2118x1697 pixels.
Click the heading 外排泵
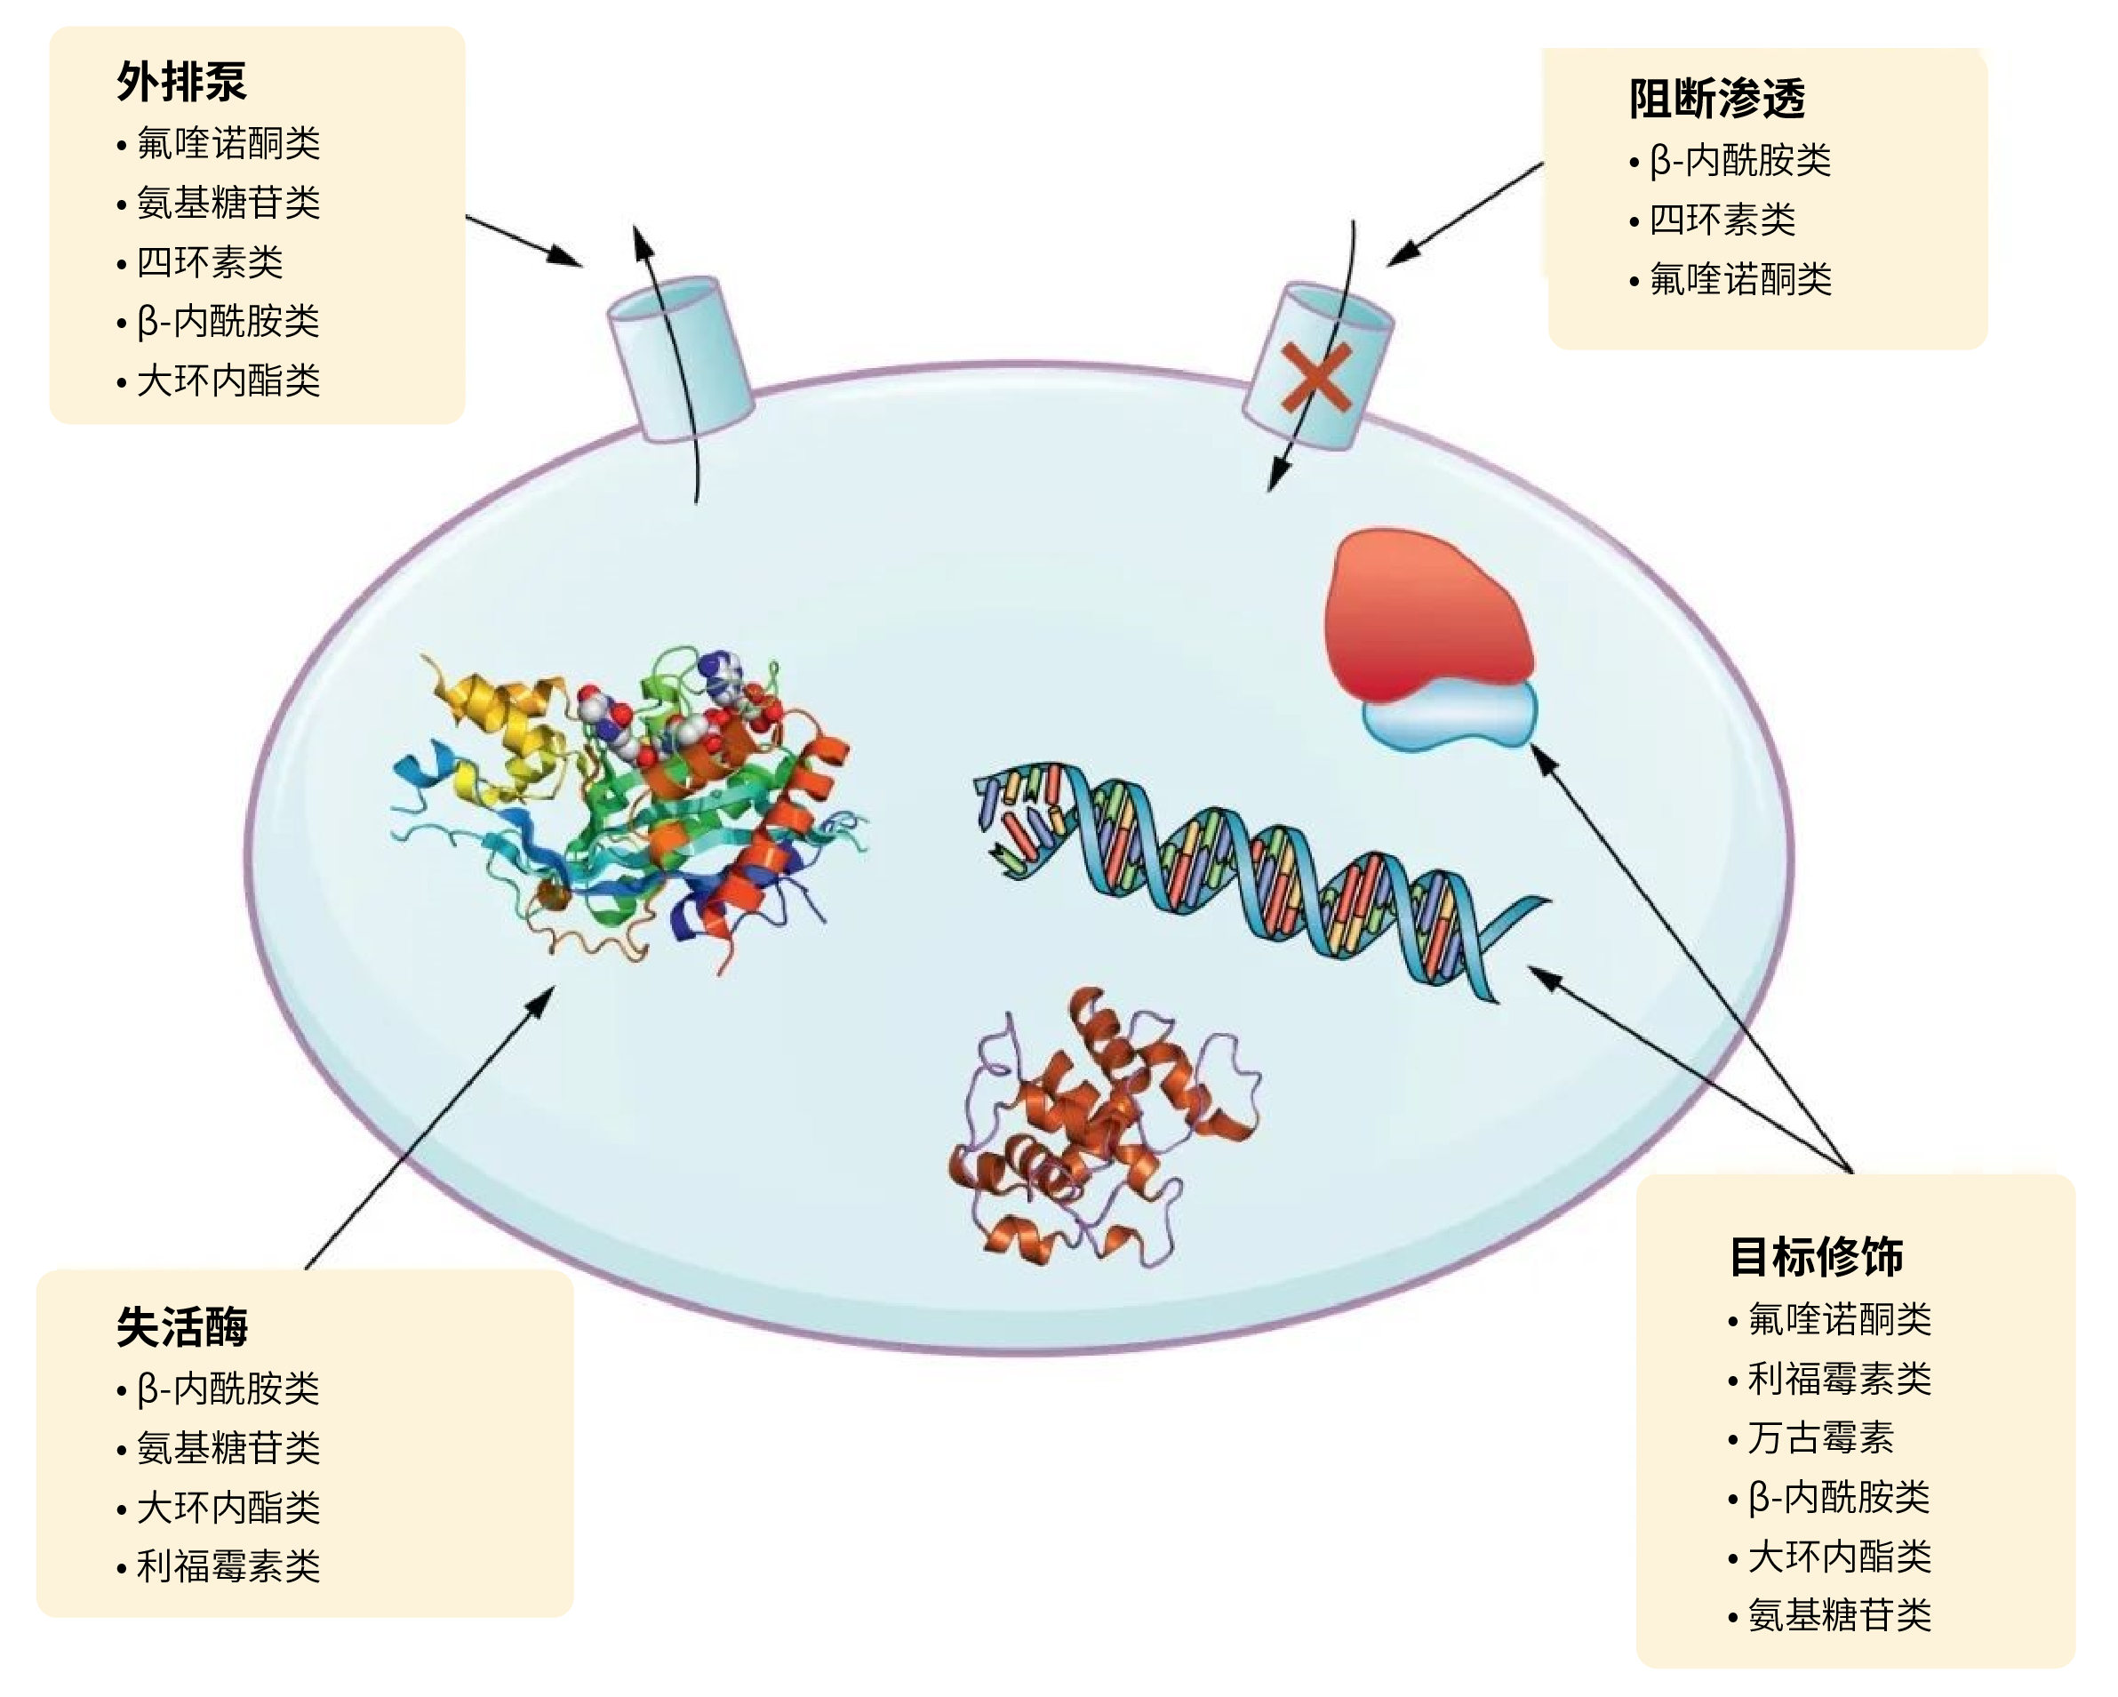[180, 82]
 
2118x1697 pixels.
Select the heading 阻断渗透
[1716, 100]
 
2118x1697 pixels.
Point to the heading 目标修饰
[1816, 1257]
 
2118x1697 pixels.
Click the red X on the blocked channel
[1316, 376]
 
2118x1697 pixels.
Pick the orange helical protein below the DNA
[1100, 1130]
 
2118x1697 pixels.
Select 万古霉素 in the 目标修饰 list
[1819, 1437]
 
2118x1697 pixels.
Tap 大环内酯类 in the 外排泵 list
[228, 381]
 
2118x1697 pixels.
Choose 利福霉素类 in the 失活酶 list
[228, 1566]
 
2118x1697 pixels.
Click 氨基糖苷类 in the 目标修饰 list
[1839, 1615]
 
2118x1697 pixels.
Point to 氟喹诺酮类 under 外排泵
[228, 143]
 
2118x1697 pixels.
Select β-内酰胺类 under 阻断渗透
[1738, 160]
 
